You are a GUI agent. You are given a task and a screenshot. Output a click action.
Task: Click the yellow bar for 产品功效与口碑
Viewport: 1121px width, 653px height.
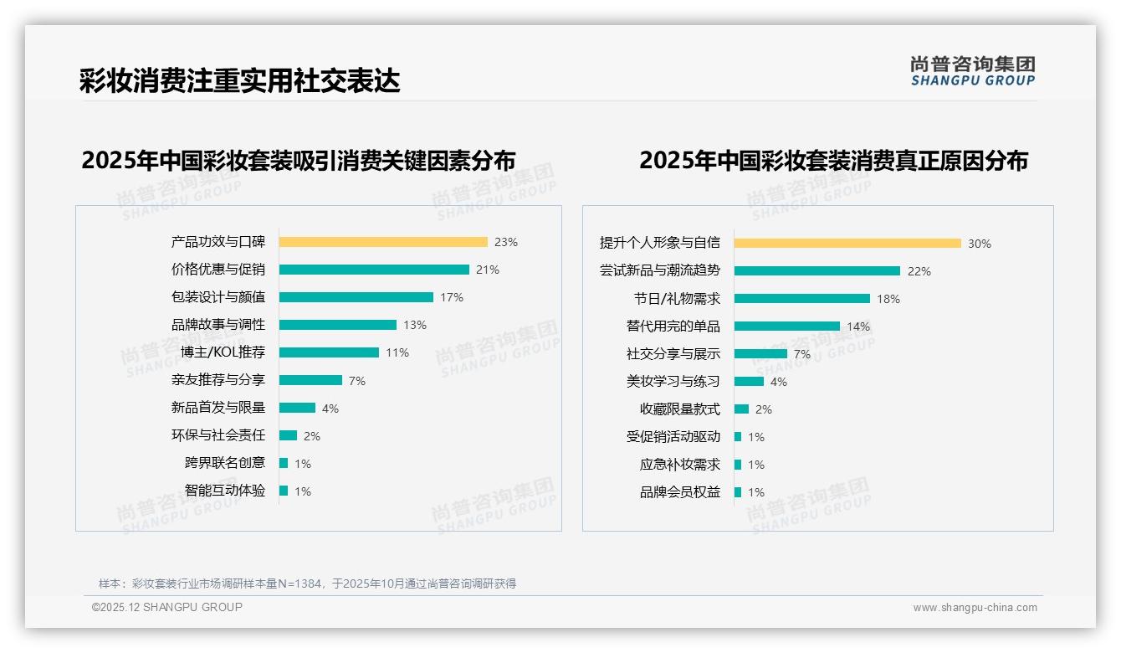382,242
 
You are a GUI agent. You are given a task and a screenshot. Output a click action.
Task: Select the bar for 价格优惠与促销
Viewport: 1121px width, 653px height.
374,270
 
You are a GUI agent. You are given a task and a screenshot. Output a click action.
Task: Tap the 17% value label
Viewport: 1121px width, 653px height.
451,297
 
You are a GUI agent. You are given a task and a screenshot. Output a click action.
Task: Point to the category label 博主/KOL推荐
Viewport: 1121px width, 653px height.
223,352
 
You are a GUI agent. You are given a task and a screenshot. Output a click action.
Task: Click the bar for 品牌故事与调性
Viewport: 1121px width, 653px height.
337,325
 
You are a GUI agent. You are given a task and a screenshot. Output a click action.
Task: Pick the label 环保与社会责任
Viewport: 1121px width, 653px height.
218,435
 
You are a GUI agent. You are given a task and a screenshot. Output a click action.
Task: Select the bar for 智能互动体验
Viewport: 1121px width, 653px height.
284,491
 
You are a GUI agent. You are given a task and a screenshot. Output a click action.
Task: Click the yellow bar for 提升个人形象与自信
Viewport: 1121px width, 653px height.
847,244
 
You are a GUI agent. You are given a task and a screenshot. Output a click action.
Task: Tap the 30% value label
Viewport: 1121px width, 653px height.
979,244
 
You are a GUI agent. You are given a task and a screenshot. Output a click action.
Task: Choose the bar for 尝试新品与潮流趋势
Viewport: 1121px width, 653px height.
816,271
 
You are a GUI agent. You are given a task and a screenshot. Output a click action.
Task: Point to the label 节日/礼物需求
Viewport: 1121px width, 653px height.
676,299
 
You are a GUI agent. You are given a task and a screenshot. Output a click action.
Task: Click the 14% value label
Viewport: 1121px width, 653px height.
858,326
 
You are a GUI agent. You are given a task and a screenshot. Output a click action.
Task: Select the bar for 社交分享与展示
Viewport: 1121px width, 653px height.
760,354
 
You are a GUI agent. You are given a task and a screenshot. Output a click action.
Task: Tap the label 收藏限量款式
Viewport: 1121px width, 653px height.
679,409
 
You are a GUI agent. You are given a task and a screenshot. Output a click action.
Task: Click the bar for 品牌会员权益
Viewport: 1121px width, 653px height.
738,492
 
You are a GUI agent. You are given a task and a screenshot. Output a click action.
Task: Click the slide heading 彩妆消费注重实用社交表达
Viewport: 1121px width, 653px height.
239,80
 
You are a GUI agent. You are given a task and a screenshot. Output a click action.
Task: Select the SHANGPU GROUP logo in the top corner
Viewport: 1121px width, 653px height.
972,71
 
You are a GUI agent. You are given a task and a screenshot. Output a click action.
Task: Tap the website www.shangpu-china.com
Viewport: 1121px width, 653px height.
975,608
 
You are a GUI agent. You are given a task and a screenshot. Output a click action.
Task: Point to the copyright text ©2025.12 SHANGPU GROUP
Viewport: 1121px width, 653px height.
167,607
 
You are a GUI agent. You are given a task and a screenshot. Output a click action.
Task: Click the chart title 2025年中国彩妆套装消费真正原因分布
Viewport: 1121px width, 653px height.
833,160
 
